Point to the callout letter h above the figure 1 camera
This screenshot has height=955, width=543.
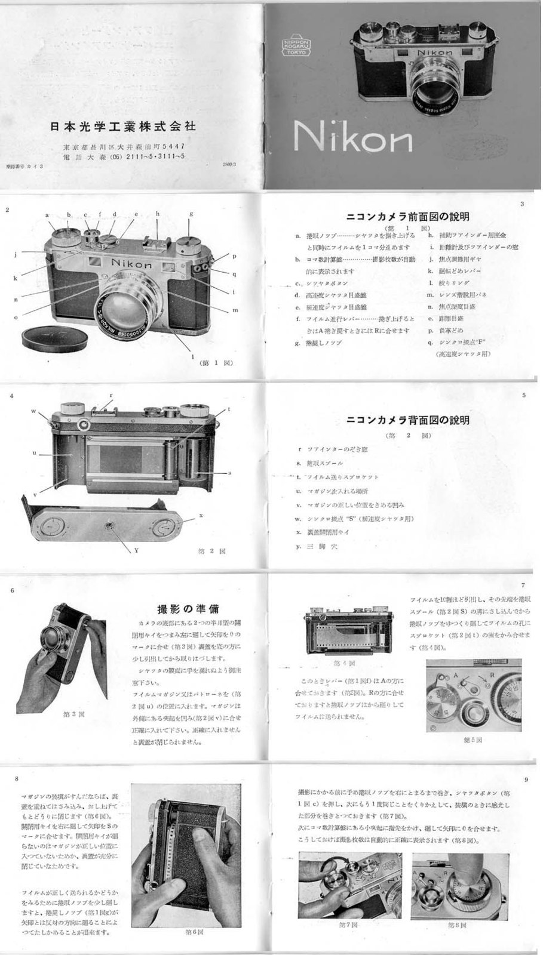click(158, 214)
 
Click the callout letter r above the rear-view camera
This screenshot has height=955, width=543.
click(111, 395)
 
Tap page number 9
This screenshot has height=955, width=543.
click(525, 780)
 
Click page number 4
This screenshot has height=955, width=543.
click(10, 396)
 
